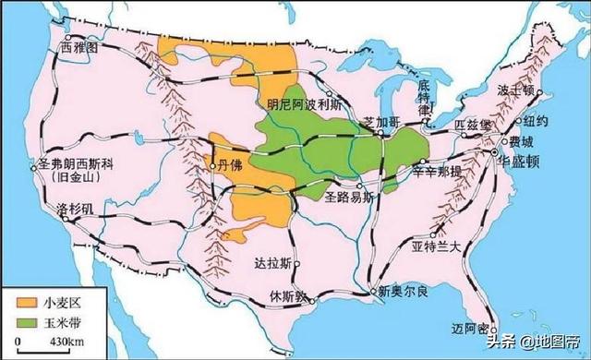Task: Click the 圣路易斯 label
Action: click(x=348, y=197)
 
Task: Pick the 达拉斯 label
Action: click(x=272, y=262)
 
